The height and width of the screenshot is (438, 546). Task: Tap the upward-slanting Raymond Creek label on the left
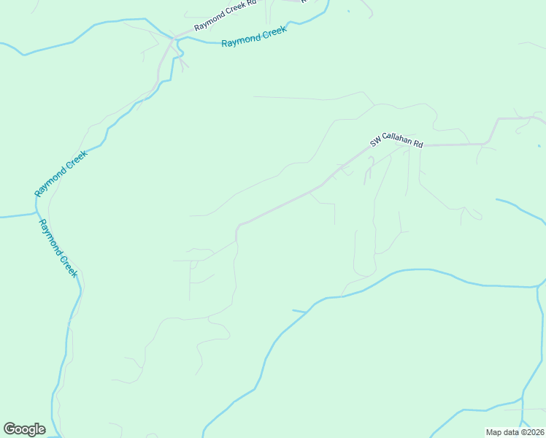(x=61, y=173)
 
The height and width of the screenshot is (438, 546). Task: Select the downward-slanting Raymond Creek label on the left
(x=58, y=248)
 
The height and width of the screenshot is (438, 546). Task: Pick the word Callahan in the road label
(x=398, y=142)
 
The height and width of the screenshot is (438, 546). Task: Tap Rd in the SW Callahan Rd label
(x=418, y=143)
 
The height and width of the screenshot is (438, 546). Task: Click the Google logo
(x=24, y=429)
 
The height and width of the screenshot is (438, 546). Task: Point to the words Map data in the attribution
(x=501, y=432)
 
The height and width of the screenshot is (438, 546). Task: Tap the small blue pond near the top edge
(x=348, y=12)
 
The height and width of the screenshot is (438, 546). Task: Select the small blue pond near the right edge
(x=539, y=145)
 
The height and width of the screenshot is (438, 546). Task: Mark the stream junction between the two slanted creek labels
(x=36, y=214)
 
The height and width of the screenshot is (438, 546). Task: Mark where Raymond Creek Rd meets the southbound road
(x=173, y=39)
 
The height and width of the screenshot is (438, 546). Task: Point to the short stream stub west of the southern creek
(x=299, y=312)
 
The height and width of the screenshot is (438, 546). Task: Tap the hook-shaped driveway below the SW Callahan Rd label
(x=369, y=165)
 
